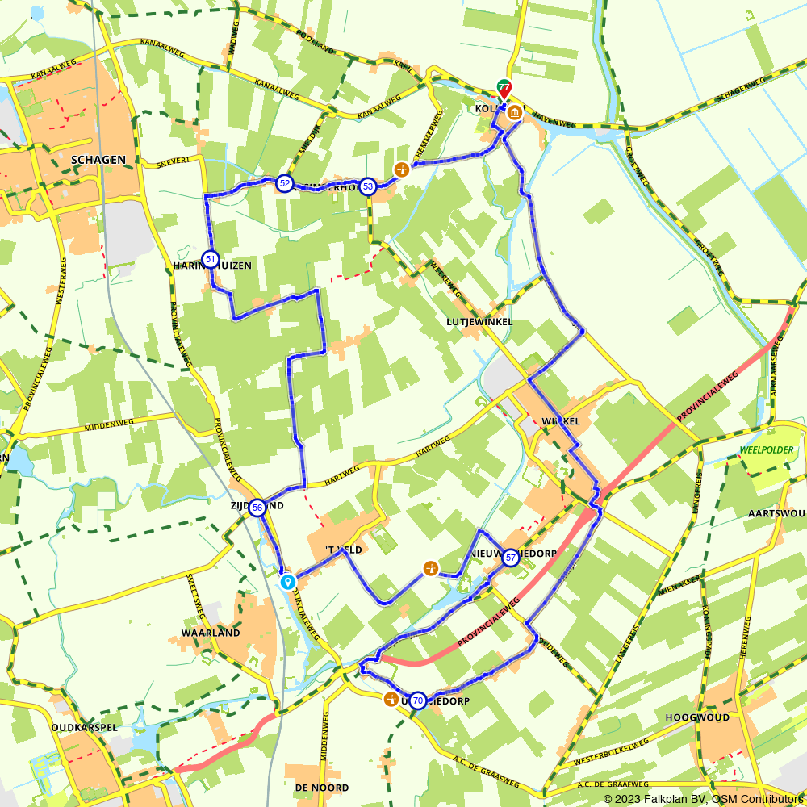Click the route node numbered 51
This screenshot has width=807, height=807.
click(210, 259)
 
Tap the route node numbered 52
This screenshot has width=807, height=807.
click(284, 183)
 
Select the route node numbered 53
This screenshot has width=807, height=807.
click(367, 186)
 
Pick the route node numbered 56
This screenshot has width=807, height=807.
click(257, 508)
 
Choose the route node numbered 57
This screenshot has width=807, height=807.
click(510, 558)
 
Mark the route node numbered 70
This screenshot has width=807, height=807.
click(417, 700)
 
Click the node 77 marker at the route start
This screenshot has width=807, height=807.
click(504, 88)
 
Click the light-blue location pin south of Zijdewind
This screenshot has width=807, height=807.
click(287, 581)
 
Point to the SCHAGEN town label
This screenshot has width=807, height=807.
click(98, 160)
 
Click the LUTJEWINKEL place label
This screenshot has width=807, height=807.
click(479, 321)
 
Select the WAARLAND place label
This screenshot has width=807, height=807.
click(211, 633)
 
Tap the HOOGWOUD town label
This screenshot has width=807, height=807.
click(697, 717)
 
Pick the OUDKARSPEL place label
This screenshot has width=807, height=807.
click(84, 726)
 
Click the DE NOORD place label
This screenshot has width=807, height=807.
click(322, 787)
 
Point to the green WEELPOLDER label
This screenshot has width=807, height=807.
click(767, 449)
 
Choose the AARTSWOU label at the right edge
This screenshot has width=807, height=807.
click(777, 514)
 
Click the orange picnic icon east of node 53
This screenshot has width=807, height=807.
click(401, 169)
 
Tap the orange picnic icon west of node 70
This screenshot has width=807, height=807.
click(391, 699)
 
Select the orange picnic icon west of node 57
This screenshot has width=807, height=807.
click(431, 569)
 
